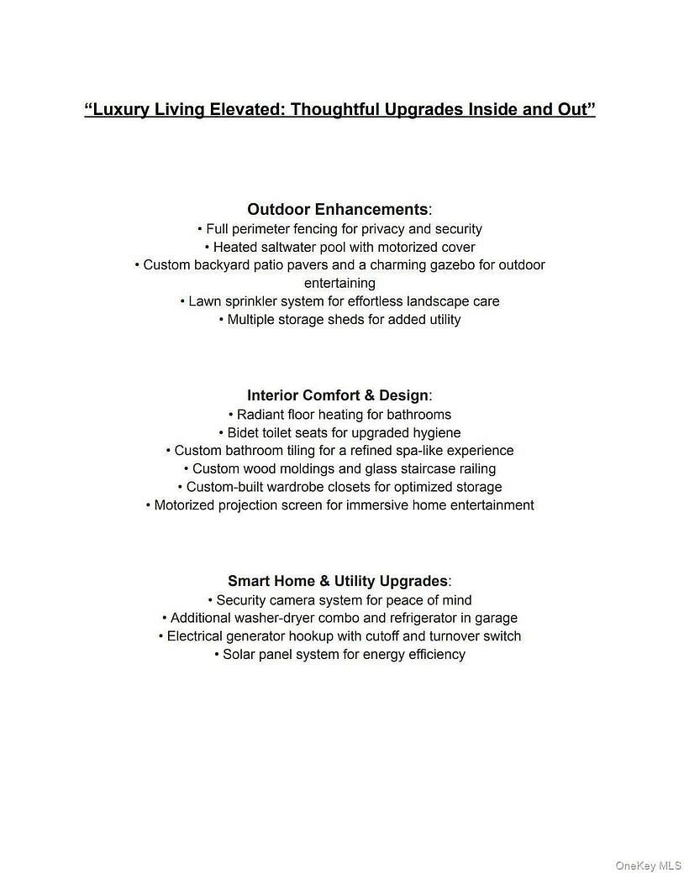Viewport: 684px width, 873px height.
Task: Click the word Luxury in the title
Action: click(x=119, y=110)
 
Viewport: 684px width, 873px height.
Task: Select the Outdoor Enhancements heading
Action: click(x=338, y=209)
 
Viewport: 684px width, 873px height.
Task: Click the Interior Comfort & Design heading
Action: click(x=338, y=395)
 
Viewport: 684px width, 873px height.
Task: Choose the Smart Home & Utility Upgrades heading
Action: click(x=338, y=581)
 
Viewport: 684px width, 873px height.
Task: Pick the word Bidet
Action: click(x=245, y=433)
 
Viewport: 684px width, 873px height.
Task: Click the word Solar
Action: click(x=240, y=655)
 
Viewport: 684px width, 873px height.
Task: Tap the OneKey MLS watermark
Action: click(x=648, y=865)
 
